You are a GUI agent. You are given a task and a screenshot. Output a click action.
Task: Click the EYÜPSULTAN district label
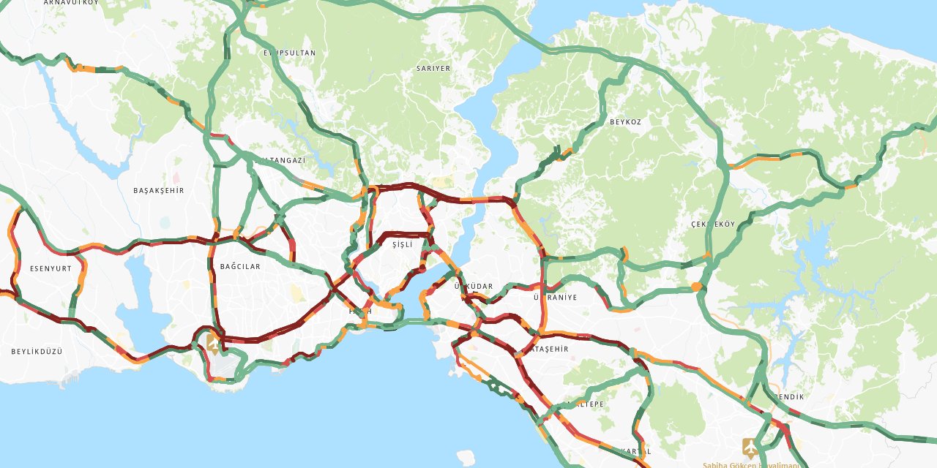290,53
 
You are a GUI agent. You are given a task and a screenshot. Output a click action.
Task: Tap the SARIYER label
433,69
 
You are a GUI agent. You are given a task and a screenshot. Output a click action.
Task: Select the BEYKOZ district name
625,122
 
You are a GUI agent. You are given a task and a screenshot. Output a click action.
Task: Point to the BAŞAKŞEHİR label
158,190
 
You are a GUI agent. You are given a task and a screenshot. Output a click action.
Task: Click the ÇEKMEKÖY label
712,224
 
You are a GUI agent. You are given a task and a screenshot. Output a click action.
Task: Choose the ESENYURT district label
51,268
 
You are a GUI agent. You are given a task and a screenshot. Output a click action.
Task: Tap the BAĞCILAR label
240,267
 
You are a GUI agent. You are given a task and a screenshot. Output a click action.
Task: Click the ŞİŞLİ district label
403,244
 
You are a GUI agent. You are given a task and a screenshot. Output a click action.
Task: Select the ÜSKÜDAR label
474,286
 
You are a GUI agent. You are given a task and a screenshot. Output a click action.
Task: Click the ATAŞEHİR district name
549,350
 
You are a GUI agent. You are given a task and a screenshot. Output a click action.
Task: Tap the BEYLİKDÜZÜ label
37,352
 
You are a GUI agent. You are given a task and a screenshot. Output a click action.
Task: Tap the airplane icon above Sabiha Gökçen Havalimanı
750,445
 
